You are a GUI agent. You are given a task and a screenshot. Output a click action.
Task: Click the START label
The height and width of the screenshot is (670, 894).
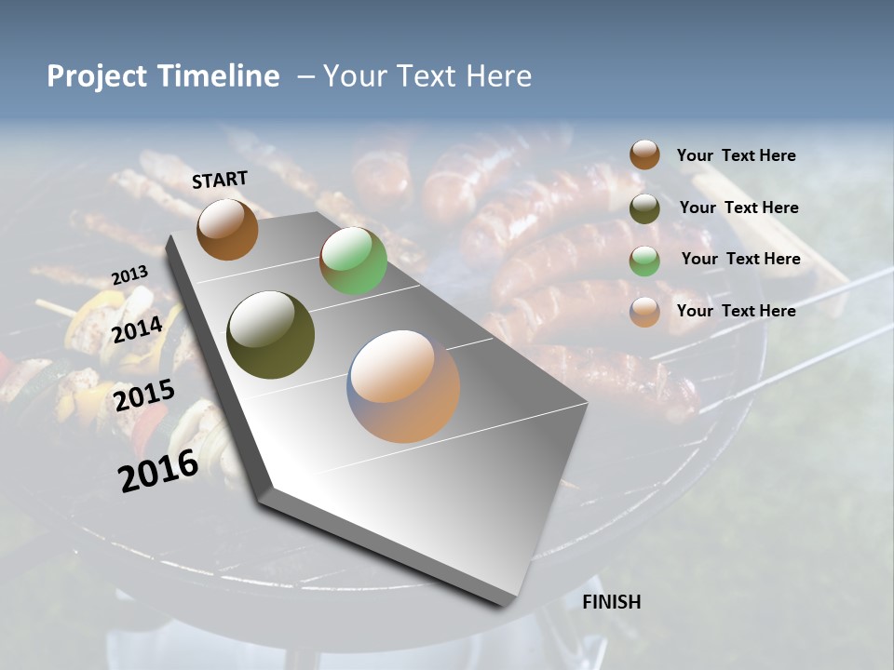pos(220,180)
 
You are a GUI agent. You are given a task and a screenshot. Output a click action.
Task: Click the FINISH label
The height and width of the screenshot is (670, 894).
pos(611,602)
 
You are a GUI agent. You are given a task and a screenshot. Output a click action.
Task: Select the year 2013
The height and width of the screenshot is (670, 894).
pos(129,275)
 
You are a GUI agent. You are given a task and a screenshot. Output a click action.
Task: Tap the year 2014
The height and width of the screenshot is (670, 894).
pos(138,329)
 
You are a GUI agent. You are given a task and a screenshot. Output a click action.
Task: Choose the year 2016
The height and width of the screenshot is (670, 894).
pos(158,471)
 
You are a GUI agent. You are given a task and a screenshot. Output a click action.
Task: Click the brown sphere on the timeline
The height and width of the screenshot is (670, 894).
pos(227,229)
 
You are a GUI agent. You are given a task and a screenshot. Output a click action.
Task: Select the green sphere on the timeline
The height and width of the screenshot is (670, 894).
pos(353,261)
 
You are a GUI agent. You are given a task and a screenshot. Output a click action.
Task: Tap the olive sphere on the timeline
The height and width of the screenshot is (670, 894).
pos(271,335)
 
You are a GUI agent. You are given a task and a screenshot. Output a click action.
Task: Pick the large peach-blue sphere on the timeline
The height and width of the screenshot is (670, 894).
pos(403,386)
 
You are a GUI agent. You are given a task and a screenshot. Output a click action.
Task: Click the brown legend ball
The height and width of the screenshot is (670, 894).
pos(644,154)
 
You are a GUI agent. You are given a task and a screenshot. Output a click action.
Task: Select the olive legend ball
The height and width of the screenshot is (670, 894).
pos(644,208)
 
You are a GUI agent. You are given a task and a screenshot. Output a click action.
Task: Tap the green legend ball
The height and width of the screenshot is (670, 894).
pos(644,260)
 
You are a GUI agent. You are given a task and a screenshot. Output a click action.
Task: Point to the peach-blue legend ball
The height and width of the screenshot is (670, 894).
pos(644,312)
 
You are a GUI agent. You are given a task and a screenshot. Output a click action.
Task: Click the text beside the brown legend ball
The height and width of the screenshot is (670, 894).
pos(736,155)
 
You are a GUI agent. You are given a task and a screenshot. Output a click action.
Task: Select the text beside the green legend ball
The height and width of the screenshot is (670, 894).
pos(740,259)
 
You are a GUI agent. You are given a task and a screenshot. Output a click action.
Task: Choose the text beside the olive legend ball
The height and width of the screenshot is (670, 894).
pos(738,208)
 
